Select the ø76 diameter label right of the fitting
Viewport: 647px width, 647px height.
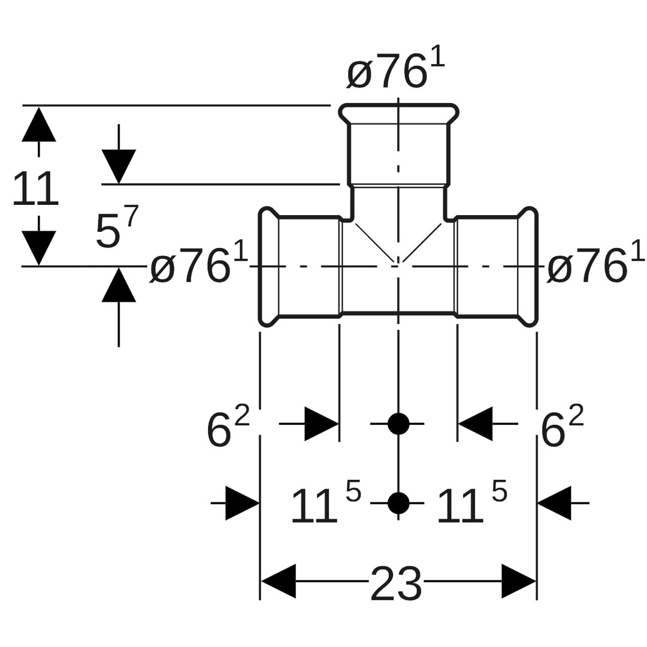pos(595,266)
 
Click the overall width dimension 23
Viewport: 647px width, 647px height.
pos(396,583)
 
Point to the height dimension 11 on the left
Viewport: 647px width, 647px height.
pos(35,189)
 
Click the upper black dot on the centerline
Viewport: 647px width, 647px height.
pos(398,424)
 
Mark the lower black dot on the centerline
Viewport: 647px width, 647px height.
pos(398,503)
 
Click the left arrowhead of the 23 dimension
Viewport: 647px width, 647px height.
pos(279,581)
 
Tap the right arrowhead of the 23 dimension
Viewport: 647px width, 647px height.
pos(518,581)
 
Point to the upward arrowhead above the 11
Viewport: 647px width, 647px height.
pos(39,125)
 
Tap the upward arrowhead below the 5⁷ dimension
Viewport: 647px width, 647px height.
pos(119,286)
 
